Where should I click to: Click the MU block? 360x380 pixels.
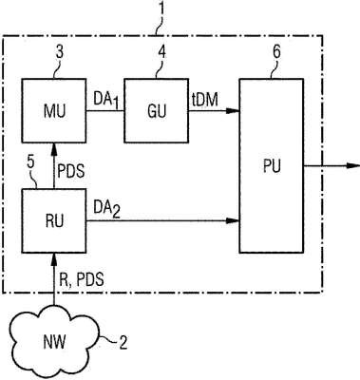point(54,110)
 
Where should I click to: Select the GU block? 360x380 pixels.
point(156,110)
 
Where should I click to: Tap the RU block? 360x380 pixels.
point(54,220)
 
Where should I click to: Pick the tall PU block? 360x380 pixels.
point(272,165)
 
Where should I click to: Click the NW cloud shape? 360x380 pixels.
point(54,342)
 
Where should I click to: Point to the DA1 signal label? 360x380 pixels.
point(106,102)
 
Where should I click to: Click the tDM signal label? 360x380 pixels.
point(205,100)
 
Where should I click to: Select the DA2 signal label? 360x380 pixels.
point(106,209)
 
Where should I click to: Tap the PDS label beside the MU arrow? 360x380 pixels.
point(71,171)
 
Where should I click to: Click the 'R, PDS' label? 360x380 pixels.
point(82,280)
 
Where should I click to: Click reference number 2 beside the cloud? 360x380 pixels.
point(123,342)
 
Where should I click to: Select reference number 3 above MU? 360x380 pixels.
point(60,52)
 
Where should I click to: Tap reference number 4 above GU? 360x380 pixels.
point(161,52)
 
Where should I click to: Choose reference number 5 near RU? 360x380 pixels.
point(30,162)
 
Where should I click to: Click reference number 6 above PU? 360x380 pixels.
point(276,52)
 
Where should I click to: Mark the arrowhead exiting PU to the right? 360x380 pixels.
point(353,165)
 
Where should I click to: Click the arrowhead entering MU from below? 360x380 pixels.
point(54,148)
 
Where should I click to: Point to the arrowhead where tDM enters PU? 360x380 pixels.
point(233,110)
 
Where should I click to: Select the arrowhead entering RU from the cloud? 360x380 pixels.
point(54,258)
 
